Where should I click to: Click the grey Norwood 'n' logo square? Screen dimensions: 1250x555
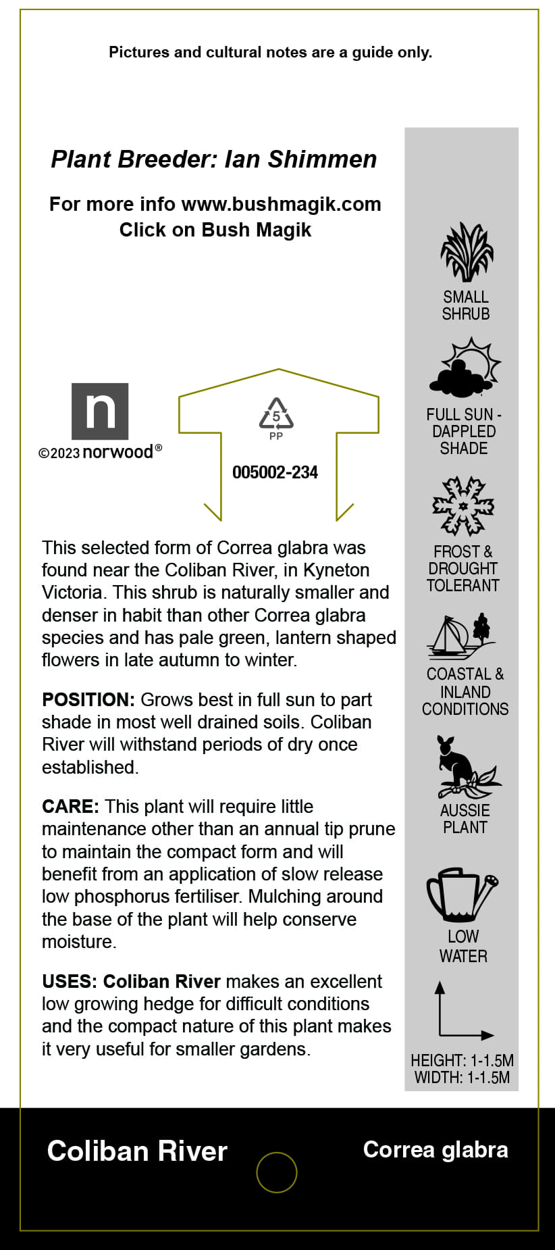click(100, 411)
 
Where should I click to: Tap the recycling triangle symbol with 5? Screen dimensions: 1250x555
click(276, 414)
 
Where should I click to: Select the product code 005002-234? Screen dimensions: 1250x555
click(275, 472)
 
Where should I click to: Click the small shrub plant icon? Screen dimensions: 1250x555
click(467, 251)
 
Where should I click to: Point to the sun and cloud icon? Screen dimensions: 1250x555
click(465, 369)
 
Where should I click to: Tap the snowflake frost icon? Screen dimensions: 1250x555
click(463, 506)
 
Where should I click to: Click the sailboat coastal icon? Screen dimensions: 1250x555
click(460, 636)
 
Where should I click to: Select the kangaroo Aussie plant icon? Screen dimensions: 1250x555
click(465, 767)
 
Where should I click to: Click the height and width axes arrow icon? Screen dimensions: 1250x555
click(463, 1011)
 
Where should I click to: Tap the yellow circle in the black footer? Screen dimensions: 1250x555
click(277, 1172)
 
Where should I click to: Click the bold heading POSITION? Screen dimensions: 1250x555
click(88, 700)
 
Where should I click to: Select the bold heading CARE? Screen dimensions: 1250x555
click(70, 807)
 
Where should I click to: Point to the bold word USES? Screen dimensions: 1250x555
click(70, 981)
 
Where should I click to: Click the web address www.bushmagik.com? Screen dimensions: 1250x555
click(281, 204)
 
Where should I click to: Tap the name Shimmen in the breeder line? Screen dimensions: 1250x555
click(322, 159)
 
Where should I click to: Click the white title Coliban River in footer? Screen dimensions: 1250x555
click(137, 1151)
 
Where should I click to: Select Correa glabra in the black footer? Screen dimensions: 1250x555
click(435, 1149)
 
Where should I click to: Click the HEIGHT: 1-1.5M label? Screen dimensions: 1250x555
click(462, 1060)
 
